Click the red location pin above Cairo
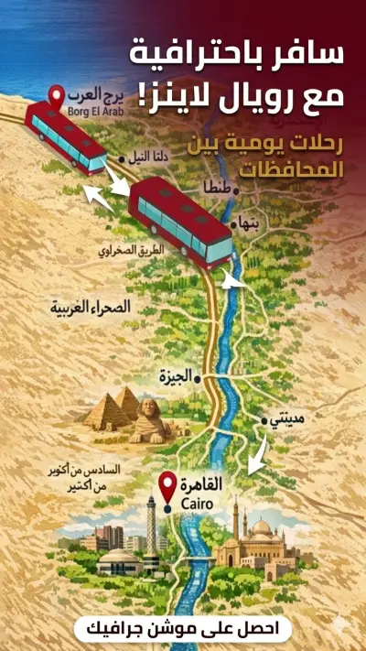click(x=167, y=485)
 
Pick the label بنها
click(x=248, y=222)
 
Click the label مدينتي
click(x=290, y=419)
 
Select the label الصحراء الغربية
click(x=92, y=309)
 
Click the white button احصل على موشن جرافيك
click(x=183, y=627)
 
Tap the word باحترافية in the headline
click(x=184, y=54)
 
